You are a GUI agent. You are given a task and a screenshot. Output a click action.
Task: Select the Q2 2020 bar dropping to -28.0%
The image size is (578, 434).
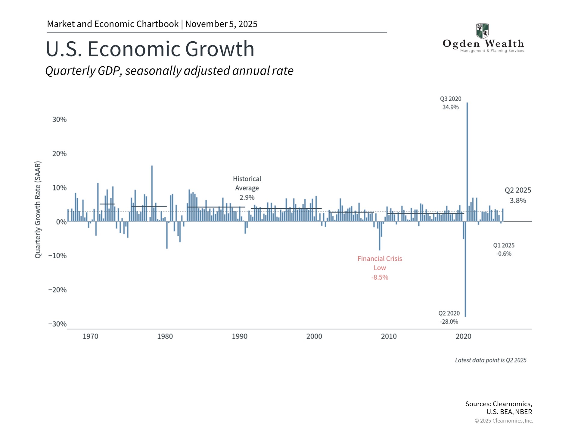465,271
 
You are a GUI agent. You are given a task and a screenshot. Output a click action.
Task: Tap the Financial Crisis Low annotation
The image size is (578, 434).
380,268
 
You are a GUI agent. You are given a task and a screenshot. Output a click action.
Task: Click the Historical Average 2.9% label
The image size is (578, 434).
247,188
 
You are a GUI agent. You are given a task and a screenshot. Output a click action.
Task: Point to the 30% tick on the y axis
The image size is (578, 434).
59,120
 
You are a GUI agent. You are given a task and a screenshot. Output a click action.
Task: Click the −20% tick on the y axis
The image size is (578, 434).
57,290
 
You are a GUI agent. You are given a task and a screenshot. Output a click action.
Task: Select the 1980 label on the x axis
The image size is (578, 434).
165,336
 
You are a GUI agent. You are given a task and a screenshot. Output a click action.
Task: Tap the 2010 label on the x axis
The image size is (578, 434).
389,336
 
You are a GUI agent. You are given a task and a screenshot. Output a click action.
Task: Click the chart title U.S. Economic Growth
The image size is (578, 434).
150,49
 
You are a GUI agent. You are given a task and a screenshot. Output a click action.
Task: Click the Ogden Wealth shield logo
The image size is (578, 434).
482,31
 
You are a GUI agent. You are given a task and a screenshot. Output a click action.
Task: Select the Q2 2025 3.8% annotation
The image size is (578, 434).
518,195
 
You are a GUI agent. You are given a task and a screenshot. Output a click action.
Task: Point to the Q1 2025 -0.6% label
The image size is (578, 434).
504,250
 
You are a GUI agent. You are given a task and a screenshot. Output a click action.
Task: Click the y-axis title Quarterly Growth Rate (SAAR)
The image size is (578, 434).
38,210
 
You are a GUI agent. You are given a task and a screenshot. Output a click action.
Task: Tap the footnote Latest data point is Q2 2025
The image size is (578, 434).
490,360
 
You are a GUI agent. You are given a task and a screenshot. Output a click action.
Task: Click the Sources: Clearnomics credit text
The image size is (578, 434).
499,408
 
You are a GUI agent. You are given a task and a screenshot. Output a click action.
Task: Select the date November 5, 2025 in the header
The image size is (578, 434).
221,24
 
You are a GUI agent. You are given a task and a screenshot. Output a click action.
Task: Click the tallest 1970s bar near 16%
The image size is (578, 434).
152,193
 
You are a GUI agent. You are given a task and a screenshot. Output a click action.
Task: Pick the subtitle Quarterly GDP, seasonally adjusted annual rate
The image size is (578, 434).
169,71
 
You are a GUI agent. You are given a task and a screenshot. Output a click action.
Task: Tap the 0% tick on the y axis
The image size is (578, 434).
61,222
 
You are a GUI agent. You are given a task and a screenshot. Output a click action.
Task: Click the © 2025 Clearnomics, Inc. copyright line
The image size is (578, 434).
504,421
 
